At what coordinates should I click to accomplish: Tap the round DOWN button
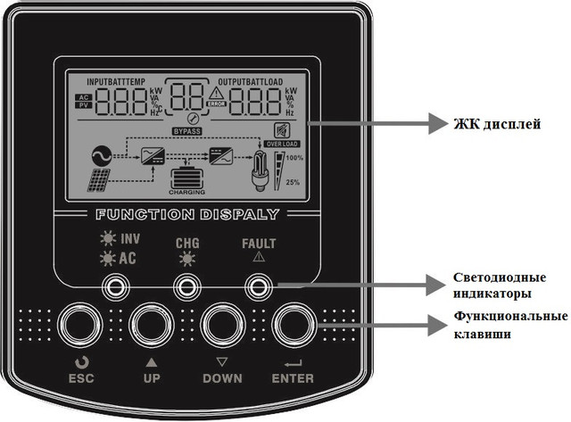(222, 326)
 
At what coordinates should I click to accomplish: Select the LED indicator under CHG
(186, 285)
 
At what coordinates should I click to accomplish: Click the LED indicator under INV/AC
(114, 285)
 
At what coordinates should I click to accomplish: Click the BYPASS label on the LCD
(187, 131)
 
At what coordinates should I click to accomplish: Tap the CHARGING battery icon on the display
(186, 178)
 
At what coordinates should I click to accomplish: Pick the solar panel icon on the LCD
(100, 182)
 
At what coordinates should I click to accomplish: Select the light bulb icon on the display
(261, 168)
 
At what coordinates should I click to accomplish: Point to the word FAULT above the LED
(259, 243)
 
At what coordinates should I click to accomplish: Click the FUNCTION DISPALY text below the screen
(186, 215)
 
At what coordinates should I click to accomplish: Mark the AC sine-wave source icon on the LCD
(100, 155)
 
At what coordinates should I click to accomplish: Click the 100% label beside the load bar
(294, 158)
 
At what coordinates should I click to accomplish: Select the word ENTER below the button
(294, 378)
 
